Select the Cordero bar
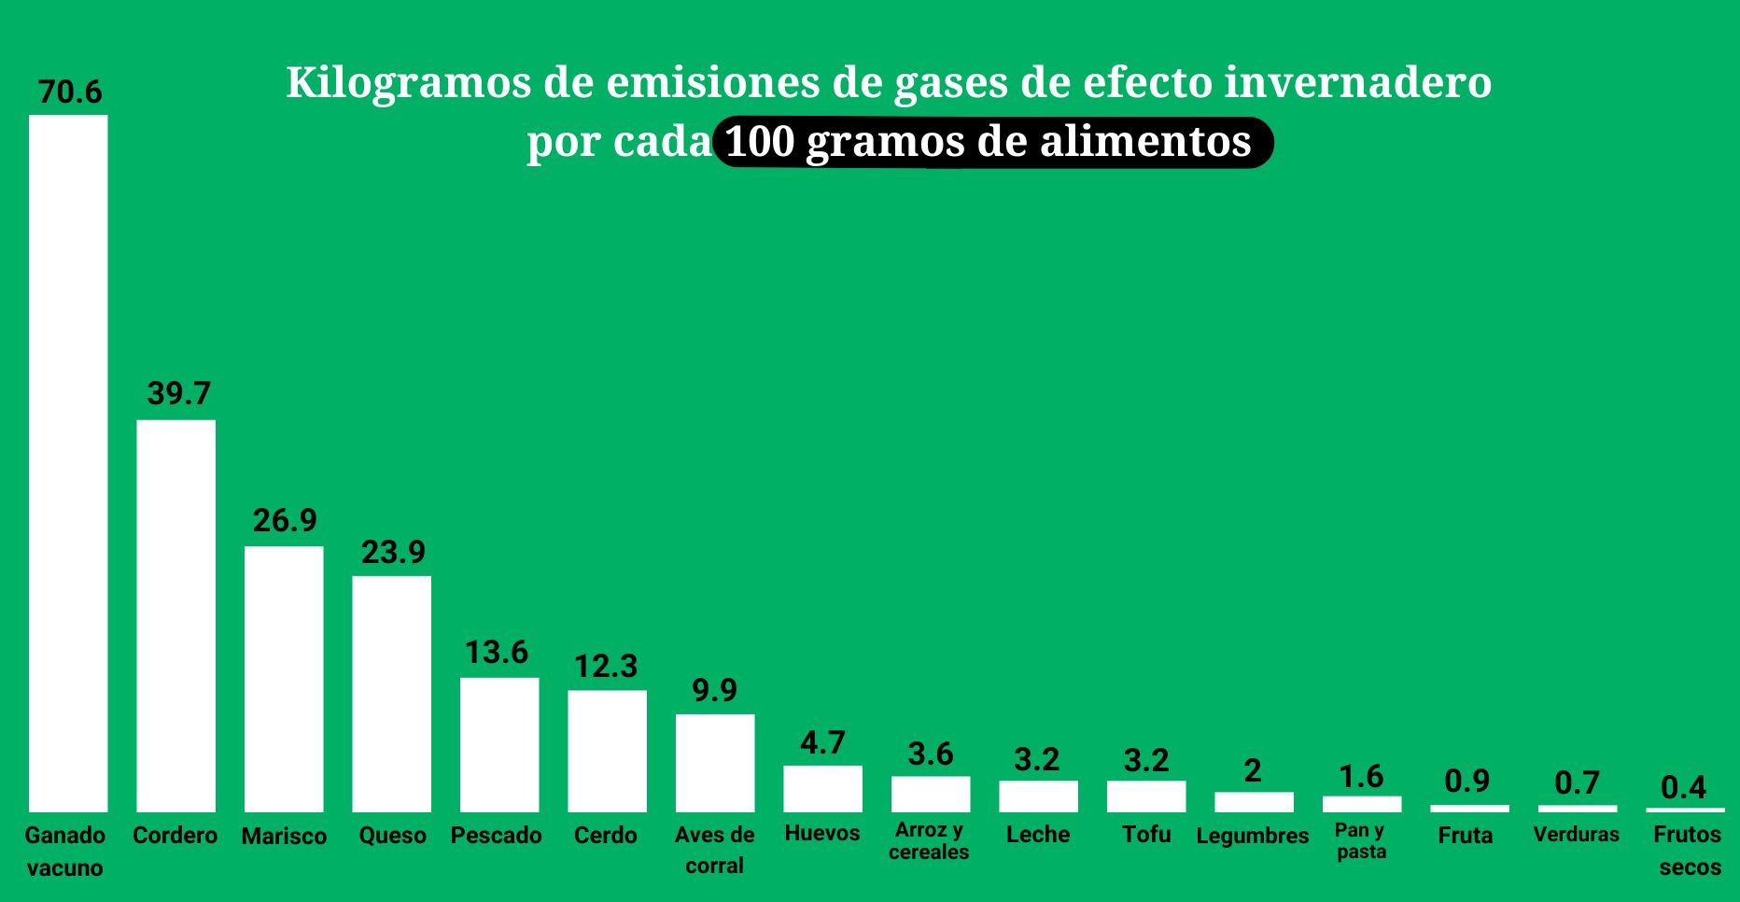click(x=175, y=615)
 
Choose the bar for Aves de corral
click(x=715, y=763)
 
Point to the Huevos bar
click(x=822, y=788)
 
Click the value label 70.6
click(x=70, y=92)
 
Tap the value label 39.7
click(x=178, y=393)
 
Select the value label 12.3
click(x=606, y=666)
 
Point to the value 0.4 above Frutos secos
click(x=1683, y=787)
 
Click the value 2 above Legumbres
click(x=1253, y=770)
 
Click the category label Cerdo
click(x=606, y=835)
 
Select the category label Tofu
click(x=1145, y=834)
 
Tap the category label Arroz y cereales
click(x=929, y=840)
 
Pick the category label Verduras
click(x=1576, y=834)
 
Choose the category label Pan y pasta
click(x=1361, y=840)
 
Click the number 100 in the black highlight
click(x=759, y=142)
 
